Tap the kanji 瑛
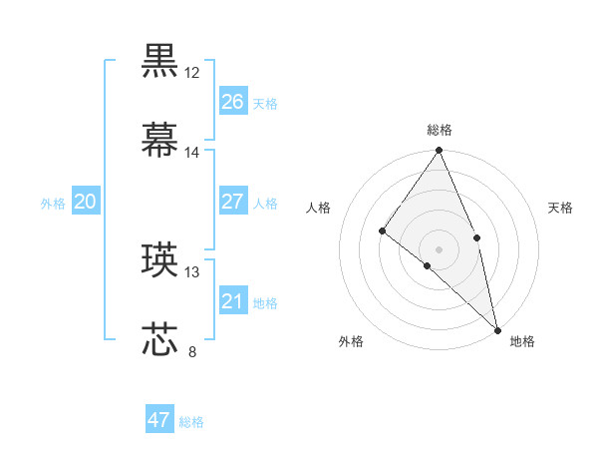click(160, 259)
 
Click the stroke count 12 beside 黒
click(192, 73)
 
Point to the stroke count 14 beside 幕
click(192, 152)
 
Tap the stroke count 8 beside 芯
click(192, 351)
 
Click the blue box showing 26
click(232, 102)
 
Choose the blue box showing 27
click(232, 202)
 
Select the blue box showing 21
click(232, 301)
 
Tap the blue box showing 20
click(85, 202)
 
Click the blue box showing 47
click(159, 420)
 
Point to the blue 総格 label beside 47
click(191, 422)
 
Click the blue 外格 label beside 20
click(53, 204)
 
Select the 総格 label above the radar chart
click(439, 130)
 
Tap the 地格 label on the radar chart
click(522, 341)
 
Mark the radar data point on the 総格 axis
click(439, 151)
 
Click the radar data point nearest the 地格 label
click(496, 328)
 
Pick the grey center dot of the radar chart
click(439, 248)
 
